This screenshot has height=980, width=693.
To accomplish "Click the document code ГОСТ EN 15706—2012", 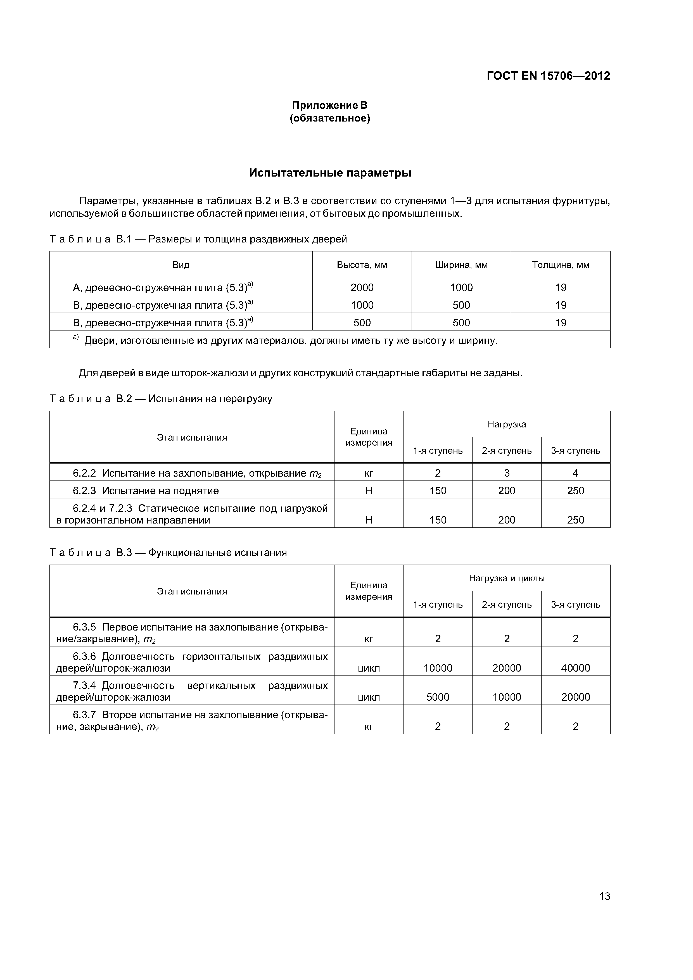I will click(x=548, y=76).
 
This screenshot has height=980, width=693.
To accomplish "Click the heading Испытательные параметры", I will click(x=330, y=173).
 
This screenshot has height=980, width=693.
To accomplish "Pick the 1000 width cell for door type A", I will click(x=461, y=287).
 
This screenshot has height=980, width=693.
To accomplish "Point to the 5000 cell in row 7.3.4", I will click(x=438, y=697).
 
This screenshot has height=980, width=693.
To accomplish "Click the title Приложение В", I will click(x=330, y=105).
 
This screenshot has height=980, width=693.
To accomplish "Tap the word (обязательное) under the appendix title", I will click(x=330, y=118).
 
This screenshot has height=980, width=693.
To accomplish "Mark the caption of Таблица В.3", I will click(x=168, y=553).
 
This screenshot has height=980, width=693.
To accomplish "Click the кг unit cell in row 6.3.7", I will click(x=369, y=726).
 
